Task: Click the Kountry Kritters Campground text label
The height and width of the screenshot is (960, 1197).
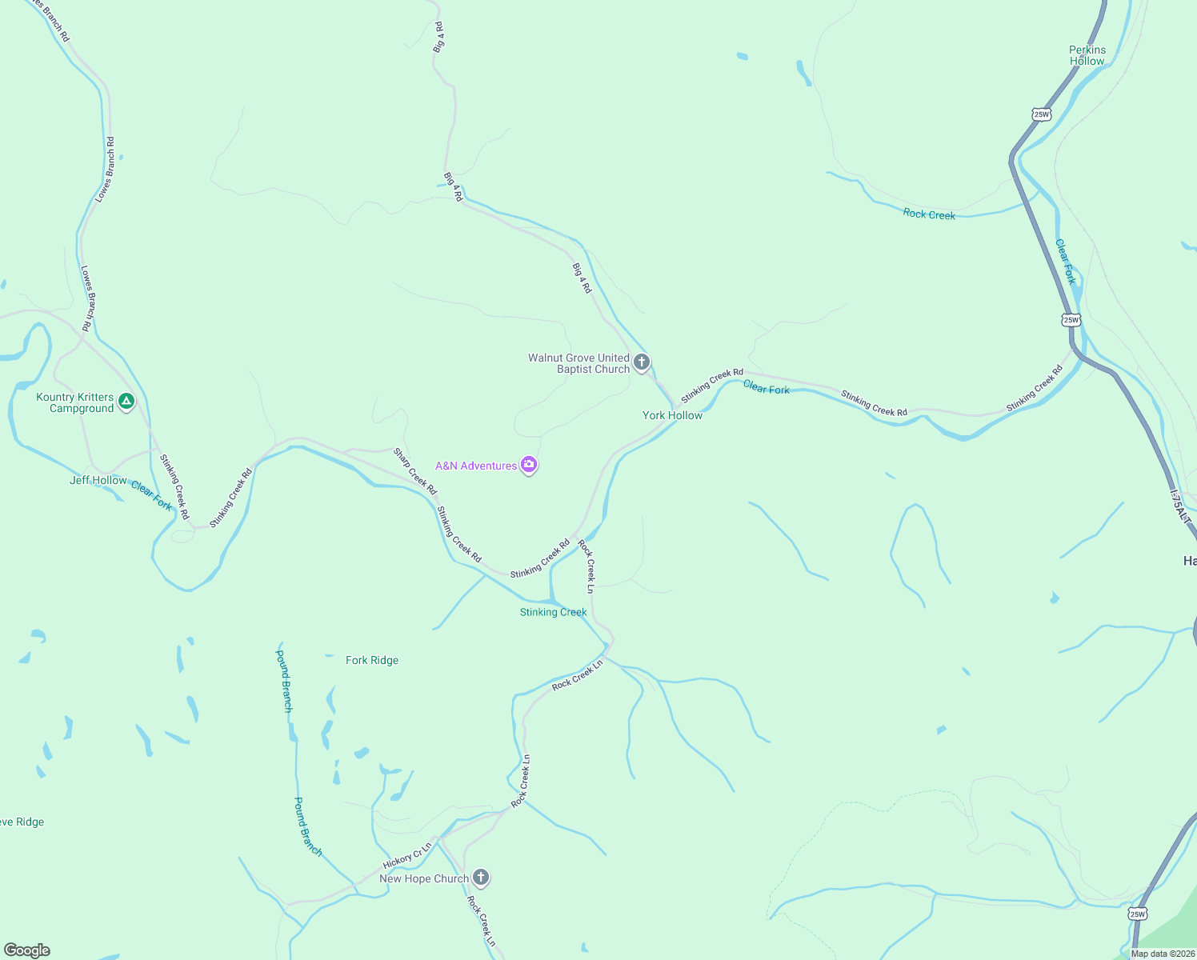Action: tap(75, 402)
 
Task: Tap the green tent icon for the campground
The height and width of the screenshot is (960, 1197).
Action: tap(126, 401)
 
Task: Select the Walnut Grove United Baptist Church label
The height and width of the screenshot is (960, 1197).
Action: tap(578, 363)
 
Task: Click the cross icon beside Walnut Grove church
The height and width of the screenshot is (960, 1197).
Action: tap(641, 362)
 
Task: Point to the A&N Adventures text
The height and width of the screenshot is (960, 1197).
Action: tap(476, 466)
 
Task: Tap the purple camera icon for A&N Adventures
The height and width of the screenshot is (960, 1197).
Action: tap(528, 464)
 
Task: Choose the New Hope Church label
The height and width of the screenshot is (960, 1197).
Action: tap(424, 878)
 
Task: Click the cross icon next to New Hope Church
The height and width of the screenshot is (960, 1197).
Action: tap(480, 877)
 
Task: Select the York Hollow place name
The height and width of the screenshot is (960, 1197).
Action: tap(672, 415)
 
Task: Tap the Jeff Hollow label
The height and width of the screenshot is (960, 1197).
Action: tap(98, 480)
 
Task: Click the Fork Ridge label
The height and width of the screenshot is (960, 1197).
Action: tap(372, 660)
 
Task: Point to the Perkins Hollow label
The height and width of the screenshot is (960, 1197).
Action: tap(1087, 55)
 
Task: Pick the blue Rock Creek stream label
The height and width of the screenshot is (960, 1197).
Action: tap(929, 214)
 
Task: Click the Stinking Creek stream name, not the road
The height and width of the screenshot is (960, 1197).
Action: tap(554, 612)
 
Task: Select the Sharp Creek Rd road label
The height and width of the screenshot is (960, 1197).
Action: tap(414, 470)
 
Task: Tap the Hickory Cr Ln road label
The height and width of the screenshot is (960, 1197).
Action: tap(407, 855)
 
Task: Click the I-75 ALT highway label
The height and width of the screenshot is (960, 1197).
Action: tap(1180, 508)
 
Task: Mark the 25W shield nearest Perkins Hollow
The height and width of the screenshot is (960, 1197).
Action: tap(1041, 114)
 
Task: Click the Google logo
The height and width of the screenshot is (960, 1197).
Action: tap(27, 950)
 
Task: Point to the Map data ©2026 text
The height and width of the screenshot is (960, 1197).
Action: tap(1163, 954)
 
